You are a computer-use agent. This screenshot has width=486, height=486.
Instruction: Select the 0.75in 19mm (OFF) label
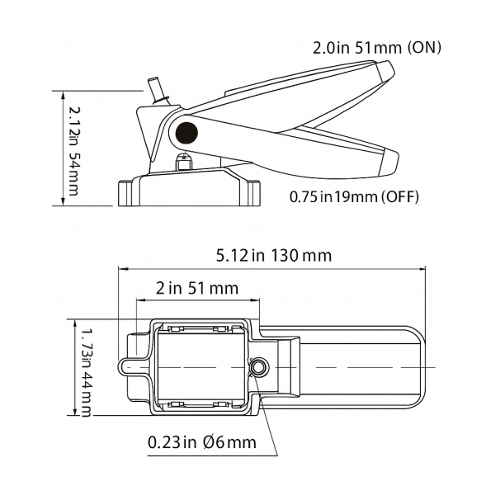(355, 196)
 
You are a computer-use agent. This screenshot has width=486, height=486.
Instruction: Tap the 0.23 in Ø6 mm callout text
(202, 442)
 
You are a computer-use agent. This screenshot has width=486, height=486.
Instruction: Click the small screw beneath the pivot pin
(186, 160)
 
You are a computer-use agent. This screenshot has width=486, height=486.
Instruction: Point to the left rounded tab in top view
(125, 366)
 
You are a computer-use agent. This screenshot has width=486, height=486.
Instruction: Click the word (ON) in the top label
(423, 47)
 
